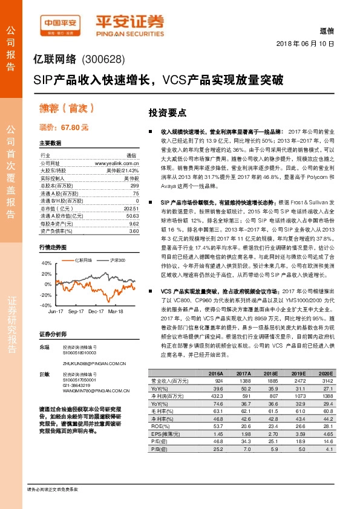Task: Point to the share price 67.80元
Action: click(x=74, y=128)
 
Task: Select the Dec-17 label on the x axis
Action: click(x=96, y=311)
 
